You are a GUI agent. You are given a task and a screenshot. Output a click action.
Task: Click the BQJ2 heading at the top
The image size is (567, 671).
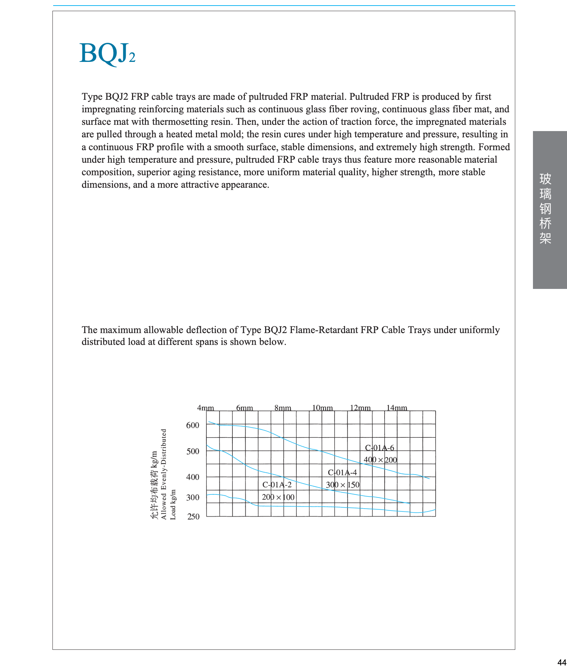(107, 54)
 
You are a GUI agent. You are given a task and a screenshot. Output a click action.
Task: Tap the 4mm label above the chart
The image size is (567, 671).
(206, 408)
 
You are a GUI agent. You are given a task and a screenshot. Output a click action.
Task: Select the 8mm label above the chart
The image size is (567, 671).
(283, 408)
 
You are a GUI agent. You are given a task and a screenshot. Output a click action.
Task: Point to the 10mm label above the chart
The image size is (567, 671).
(322, 408)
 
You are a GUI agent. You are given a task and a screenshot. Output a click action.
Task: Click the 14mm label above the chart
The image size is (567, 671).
(397, 408)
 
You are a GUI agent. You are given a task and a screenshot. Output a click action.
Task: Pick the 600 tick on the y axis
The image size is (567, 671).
(193, 425)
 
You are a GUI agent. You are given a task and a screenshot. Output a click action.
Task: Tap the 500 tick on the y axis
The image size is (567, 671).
(193, 451)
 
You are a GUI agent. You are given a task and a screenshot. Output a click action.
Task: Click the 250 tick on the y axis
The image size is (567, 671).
(194, 517)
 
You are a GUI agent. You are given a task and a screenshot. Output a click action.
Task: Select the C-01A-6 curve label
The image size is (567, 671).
(379, 448)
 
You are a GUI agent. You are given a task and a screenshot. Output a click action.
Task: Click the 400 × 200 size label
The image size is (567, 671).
(380, 460)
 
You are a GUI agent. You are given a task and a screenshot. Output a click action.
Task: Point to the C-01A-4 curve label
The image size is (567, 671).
(342, 472)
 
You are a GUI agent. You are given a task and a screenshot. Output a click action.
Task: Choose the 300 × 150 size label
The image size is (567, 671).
(343, 485)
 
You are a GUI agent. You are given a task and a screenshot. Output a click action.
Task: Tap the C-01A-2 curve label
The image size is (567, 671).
(277, 485)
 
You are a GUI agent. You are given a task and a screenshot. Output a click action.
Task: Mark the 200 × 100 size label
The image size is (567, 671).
(278, 497)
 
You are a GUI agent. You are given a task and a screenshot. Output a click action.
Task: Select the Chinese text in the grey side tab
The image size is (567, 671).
(545, 209)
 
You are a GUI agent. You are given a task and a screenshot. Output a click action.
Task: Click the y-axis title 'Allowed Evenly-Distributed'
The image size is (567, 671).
(164, 474)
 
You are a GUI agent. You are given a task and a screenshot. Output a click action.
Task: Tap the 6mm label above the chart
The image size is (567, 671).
(245, 408)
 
